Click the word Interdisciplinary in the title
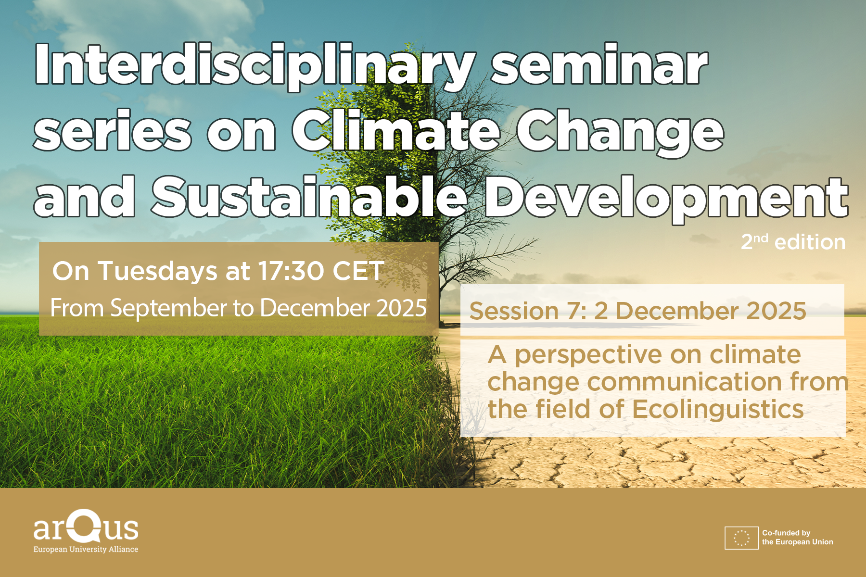click(x=255, y=66)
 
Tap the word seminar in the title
click(x=599, y=65)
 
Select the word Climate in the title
click(x=396, y=129)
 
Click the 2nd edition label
click(x=793, y=241)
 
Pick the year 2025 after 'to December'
click(x=401, y=308)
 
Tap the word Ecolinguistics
click(x=717, y=410)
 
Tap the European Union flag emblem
click(x=741, y=538)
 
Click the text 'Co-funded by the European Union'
click(x=797, y=538)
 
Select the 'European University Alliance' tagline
click(x=86, y=549)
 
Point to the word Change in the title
click(x=620, y=132)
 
